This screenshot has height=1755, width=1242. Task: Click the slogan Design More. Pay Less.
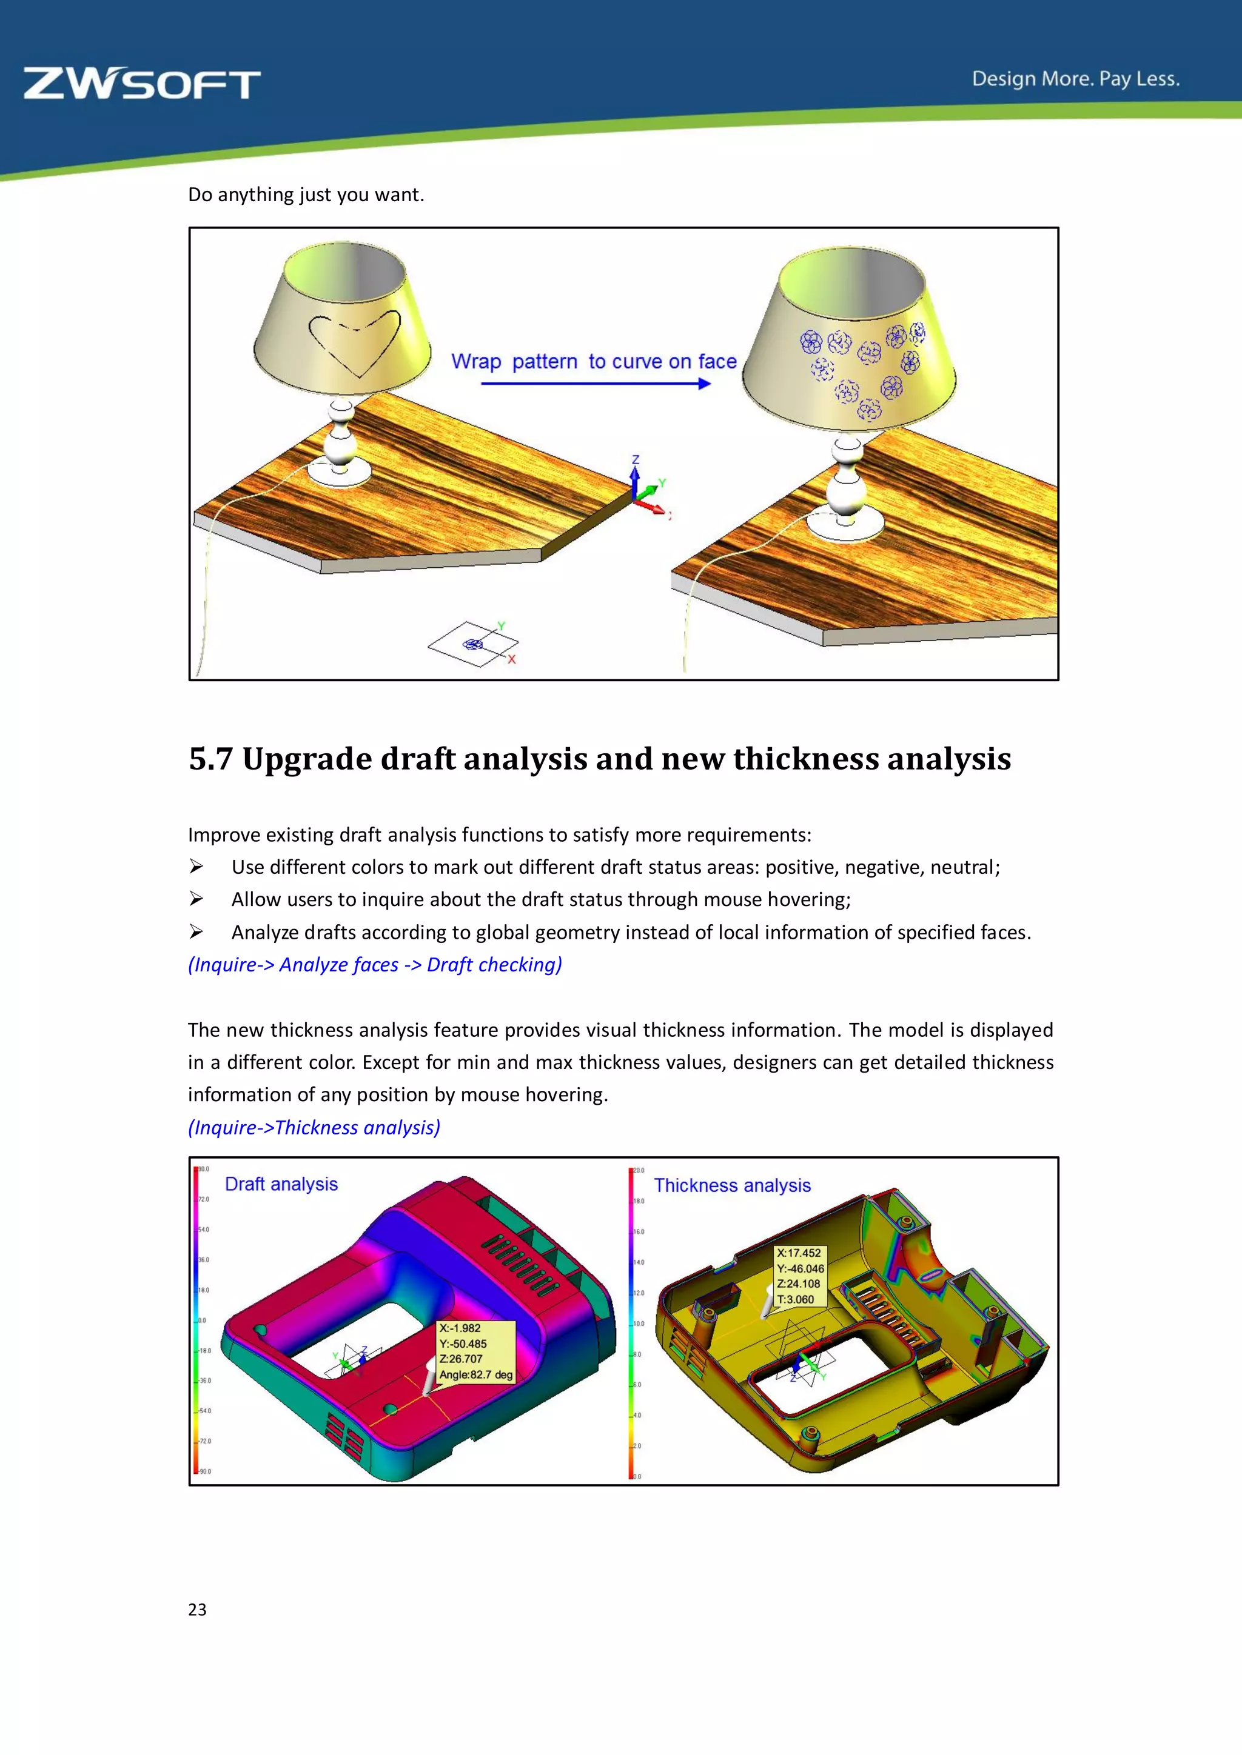click(1075, 79)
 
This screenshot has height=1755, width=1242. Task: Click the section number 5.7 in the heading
click(210, 759)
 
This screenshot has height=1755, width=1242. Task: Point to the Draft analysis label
click(281, 1184)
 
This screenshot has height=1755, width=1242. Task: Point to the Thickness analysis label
click(732, 1185)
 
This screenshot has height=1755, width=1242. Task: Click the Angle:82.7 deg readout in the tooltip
click(475, 1374)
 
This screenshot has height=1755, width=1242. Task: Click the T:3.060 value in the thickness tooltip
click(796, 1299)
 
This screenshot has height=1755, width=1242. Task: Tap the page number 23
click(197, 1609)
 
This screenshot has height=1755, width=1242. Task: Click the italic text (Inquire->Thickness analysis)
click(314, 1127)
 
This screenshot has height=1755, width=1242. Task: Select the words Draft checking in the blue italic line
click(493, 965)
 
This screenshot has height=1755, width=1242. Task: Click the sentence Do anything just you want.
click(306, 195)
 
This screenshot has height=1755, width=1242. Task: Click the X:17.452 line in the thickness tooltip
click(799, 1253)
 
